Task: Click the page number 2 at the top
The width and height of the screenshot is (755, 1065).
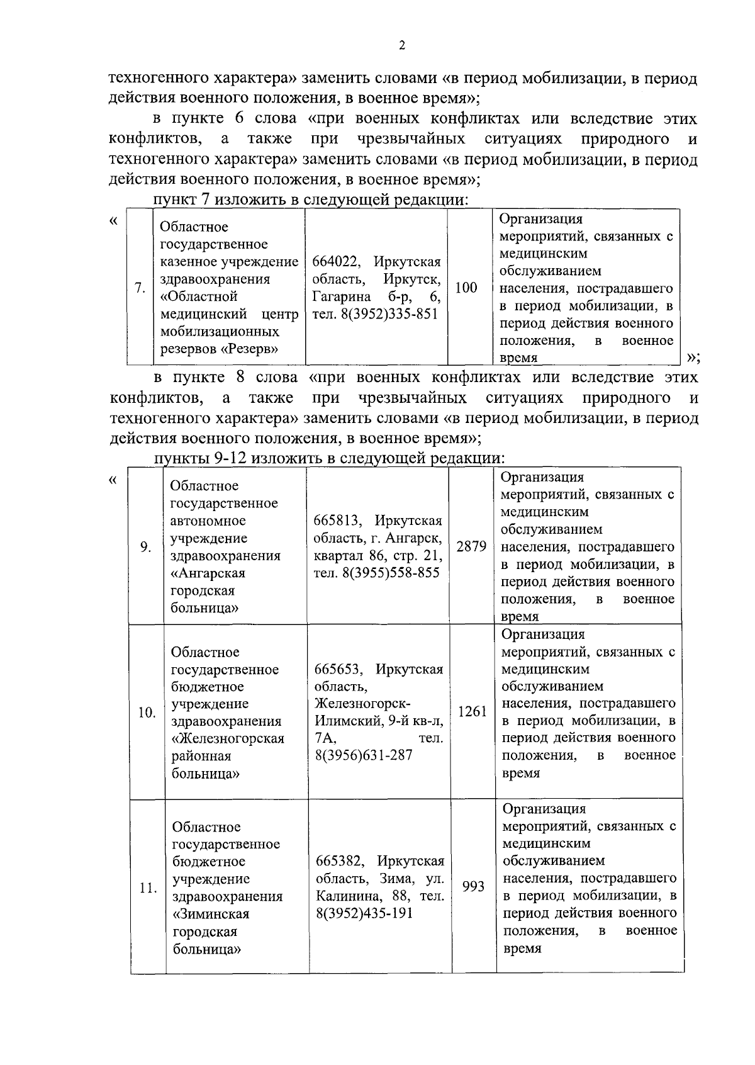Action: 402,45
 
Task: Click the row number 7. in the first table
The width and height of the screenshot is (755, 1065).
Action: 140,288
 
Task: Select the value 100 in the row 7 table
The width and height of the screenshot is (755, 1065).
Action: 466,288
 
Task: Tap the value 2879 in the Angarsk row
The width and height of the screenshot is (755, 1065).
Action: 472,546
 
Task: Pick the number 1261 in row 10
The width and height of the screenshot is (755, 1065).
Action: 473,712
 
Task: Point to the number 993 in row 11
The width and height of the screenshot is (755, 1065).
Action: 473,886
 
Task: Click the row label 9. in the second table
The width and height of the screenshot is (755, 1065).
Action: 145,546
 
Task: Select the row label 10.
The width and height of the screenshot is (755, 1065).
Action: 147,713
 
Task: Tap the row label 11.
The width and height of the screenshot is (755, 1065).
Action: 148,888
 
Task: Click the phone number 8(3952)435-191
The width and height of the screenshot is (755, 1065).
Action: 364,913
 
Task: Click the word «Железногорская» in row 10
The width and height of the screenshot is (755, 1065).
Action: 228,738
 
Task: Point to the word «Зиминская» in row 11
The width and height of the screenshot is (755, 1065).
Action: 211,913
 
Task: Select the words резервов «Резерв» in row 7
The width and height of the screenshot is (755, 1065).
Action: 219,349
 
